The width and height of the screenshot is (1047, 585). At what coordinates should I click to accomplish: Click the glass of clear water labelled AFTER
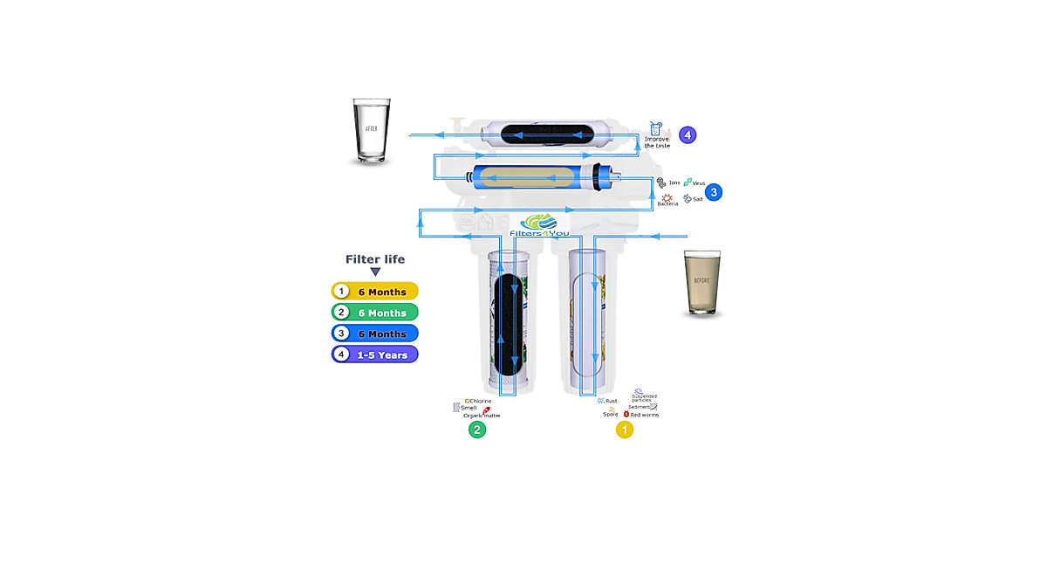372,131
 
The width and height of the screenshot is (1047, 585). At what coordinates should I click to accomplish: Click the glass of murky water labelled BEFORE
701,284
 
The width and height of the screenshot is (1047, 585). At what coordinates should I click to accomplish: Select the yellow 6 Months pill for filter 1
375,292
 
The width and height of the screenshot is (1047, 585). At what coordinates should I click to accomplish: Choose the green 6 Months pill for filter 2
375,313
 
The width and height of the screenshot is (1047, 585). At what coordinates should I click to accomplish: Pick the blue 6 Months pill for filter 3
375,334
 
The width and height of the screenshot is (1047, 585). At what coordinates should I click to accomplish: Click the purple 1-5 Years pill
375,354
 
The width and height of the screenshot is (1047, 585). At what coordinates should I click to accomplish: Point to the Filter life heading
375,259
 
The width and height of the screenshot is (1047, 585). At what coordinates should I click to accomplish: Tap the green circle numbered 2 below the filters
476,430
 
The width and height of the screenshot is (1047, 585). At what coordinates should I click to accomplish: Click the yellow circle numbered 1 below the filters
625,430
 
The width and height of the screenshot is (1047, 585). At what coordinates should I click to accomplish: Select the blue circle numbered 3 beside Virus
714,191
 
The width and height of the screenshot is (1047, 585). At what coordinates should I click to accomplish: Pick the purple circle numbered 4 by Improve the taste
688,135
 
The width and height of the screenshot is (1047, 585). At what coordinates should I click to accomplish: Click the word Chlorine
480,401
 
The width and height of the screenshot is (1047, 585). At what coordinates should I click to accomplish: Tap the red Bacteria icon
667,198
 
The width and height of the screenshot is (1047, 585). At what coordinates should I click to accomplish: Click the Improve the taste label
657,141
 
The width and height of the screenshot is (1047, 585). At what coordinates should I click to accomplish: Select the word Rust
611,401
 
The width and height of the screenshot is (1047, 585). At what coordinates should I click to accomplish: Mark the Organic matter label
482,416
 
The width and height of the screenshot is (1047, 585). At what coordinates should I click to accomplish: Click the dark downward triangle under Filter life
375,272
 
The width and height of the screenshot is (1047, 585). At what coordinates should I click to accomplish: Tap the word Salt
698,199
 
